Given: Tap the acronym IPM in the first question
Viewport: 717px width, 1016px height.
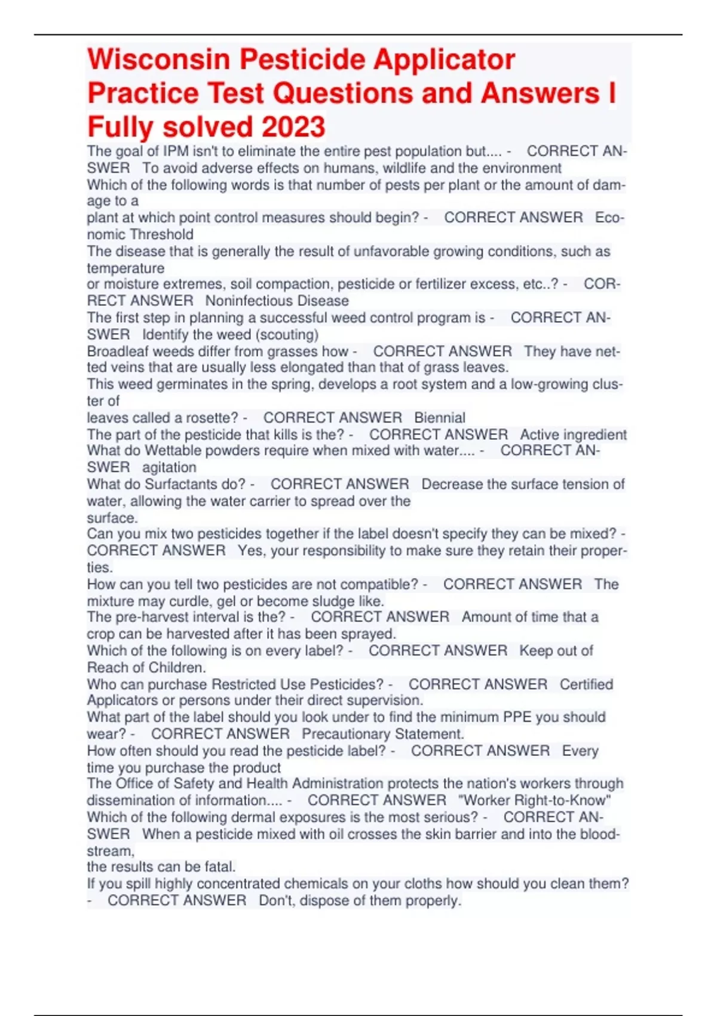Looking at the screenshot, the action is point(176,151).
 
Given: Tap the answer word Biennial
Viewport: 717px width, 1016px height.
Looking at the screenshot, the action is point(440,418).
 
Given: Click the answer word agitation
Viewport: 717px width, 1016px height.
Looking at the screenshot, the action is point(169,467).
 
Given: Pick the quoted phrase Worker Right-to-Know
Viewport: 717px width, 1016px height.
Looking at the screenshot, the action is point(535,800).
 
